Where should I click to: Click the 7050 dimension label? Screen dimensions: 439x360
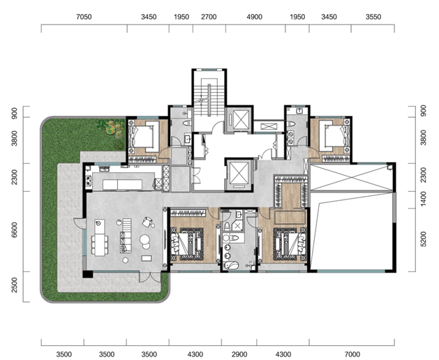(84, 17)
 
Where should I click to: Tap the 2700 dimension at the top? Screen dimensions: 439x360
(209, 17)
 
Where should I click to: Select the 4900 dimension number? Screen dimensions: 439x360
(255, 17)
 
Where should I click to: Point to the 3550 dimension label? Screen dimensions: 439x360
(373, 17)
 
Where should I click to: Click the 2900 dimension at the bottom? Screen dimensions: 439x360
(239, 354)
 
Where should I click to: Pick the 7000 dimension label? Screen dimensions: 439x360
(352, 354)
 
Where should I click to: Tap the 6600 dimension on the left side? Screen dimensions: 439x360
(14, 230)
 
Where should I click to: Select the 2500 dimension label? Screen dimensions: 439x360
(14, 285)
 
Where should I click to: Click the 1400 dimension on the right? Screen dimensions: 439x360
(424, 199)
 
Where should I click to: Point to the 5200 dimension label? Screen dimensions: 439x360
(424, 239)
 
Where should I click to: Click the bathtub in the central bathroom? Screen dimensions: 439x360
(231, 264)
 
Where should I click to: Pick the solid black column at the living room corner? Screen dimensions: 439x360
(88, 273)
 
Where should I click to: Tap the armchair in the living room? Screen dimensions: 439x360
(147, 222)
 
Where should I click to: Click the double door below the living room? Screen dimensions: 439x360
(150, 277)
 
